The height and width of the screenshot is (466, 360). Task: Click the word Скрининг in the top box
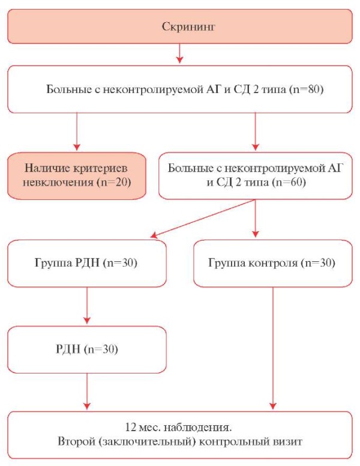tap(188, 27)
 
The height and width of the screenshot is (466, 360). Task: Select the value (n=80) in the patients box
tap(306, 89)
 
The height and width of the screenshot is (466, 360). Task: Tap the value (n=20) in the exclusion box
tap(114, 182)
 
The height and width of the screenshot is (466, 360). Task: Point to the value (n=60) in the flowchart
tap(289, 182)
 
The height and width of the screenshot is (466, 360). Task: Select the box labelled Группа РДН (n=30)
tap(87, 263)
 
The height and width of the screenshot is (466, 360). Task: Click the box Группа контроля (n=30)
tap(273, 263)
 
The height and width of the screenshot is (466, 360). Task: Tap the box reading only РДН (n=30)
tap(87, 349)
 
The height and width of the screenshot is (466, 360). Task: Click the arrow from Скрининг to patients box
tap(179, 53)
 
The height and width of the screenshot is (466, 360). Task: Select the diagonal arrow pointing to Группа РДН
tap(203, 219)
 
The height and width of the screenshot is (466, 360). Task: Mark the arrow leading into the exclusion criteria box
tap(77, 132)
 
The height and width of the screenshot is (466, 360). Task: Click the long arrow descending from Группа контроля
tap(273, 348)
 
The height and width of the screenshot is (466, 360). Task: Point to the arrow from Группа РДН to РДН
tap(87, 306)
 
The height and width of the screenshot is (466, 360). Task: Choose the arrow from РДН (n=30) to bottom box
tap(87, 392)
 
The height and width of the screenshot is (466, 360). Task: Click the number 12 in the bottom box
tap(131, 428)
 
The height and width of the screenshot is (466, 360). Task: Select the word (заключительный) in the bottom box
tap(148, 441)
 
